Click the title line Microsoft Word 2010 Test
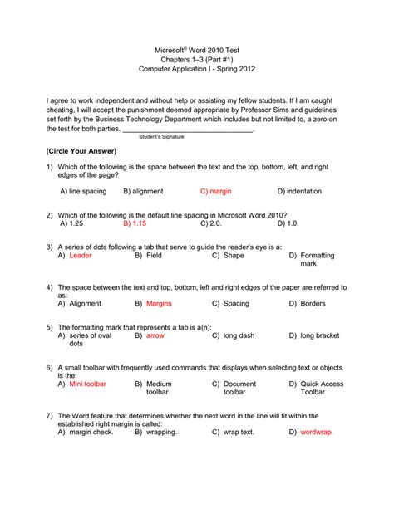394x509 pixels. click(197, 51)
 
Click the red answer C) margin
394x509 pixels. click(216, 191)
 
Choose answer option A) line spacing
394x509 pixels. click(83, 191)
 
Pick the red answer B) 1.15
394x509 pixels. click(135, 224)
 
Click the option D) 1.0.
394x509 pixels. click(288, 224)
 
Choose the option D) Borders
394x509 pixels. click(308, 304)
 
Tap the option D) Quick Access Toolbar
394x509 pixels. click(316, 389)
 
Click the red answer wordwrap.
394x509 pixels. click(316, 433)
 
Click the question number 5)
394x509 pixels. click(51, 326)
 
